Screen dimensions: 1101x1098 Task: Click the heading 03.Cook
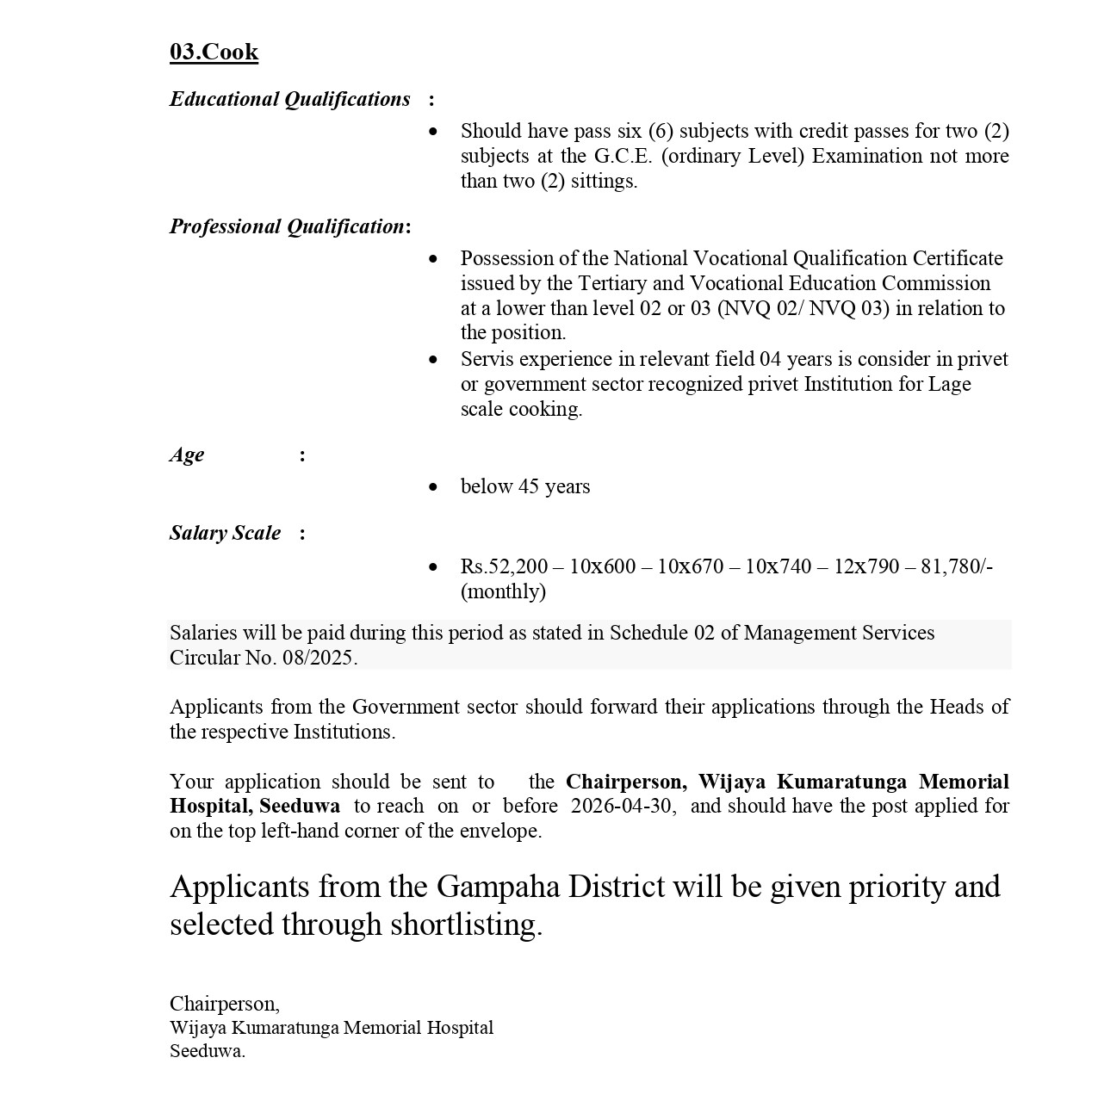214,52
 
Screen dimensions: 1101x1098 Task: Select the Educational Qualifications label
289,99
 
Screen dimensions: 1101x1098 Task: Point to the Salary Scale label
225,533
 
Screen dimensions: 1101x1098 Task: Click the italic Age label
187,455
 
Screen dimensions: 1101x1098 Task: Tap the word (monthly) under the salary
503,591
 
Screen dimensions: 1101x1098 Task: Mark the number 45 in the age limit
529,486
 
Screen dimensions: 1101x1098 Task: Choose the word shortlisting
466,925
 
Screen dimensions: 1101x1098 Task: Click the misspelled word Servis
487,359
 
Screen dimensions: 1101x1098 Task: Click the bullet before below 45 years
433,487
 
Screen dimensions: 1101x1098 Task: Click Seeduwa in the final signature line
207,1051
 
